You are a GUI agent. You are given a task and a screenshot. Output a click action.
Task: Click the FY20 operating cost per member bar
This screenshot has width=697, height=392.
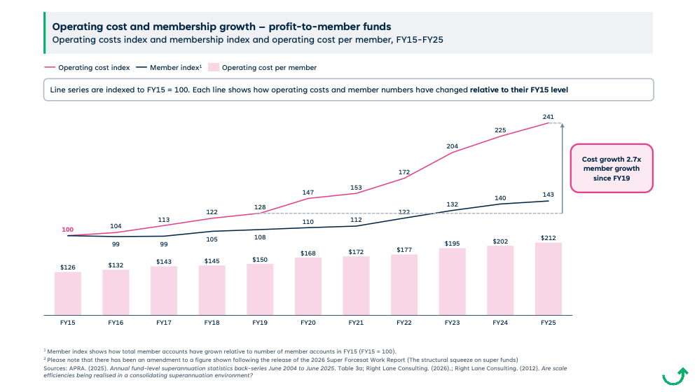308,286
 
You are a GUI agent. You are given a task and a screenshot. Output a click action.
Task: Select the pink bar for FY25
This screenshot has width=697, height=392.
548,279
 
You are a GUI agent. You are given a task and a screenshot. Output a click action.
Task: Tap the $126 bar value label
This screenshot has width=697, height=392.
67,267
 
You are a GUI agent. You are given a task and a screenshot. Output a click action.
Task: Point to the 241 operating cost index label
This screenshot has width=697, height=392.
548,117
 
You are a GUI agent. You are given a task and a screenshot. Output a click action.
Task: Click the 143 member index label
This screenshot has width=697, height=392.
548,194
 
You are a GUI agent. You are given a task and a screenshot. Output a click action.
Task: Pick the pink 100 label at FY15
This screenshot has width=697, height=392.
67,230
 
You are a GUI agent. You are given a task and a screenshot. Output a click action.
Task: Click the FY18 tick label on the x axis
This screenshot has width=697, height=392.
212,323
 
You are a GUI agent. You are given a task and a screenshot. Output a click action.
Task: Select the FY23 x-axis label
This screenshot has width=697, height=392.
452,323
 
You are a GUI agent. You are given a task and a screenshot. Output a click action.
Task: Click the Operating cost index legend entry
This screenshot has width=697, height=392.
87,68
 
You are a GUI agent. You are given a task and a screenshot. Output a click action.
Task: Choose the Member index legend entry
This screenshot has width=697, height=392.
169,68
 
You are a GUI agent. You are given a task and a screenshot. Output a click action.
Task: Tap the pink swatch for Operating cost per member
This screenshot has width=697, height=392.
214,68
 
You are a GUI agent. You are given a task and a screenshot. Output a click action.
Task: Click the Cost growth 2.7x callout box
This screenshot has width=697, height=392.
612,169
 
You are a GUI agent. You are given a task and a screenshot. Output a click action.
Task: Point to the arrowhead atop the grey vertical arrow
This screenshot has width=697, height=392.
563,126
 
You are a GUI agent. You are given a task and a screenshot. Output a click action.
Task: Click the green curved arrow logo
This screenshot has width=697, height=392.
675,377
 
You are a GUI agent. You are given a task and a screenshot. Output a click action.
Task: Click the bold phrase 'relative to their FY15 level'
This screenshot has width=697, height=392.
519,90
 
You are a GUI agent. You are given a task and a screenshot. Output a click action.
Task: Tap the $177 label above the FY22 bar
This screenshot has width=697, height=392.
404,250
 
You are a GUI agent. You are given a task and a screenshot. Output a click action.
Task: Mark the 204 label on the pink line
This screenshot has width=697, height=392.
452,146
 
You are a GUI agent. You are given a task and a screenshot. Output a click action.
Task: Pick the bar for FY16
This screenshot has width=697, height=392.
116,293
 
